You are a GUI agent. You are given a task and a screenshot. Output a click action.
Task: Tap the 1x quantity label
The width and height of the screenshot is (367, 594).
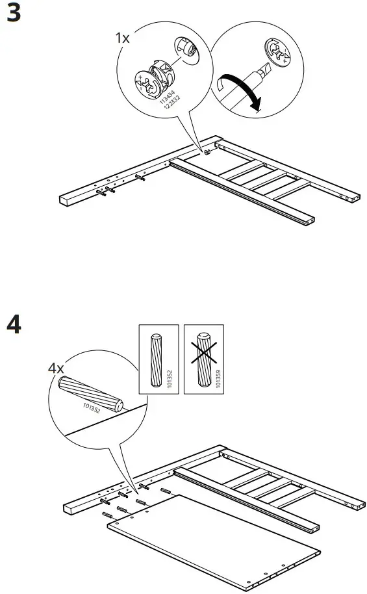point(122,38)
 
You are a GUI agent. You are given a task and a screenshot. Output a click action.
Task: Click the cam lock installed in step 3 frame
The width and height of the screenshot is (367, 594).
point(207,153)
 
